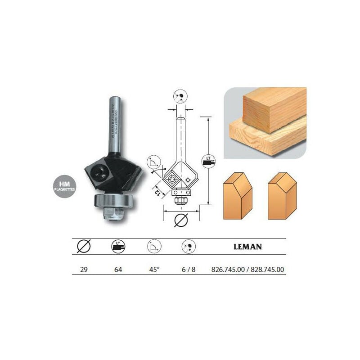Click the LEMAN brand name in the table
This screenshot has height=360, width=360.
pyautogui.click(x=248, y=247)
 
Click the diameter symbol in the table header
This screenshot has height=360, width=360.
pyautogui.click(x=84, y=247)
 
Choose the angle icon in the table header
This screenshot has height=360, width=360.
pyautogui.click(x=153, y=247)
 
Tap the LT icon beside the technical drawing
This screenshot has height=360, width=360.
pyautogui.click(x=208, y=161)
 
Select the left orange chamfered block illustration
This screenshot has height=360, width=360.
pyautogui.click(x=238, y=196)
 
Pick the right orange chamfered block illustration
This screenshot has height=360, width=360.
pyautogui.click(x=282, y=196)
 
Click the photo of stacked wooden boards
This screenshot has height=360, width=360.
pyautogui.click(x=265, y=121)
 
